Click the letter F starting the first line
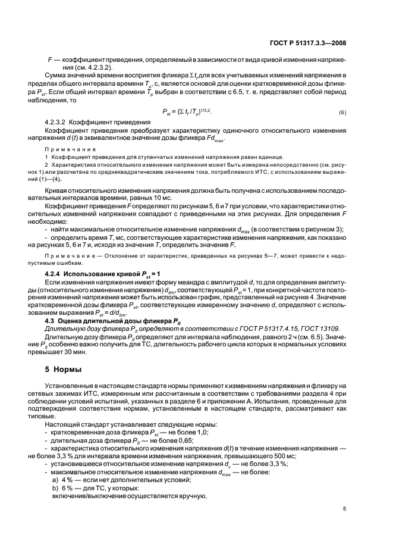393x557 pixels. pyautogui.click(x=49, y=60)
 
